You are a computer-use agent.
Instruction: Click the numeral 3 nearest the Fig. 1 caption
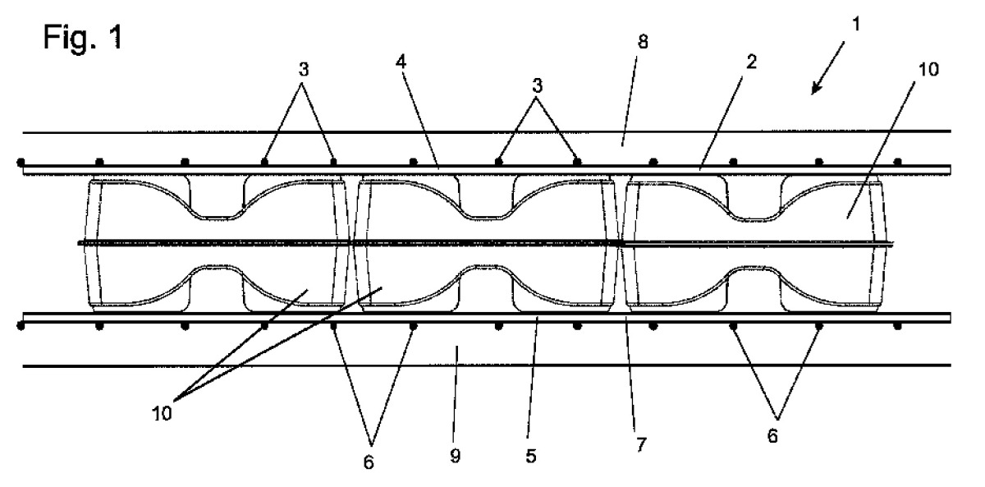click(304, 71)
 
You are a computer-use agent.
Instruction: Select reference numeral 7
click(641, 445)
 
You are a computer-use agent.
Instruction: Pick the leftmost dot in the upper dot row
click(21, 163)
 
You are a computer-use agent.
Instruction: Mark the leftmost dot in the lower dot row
click(21, 326)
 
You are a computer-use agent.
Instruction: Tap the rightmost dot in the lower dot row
click(897, 326)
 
